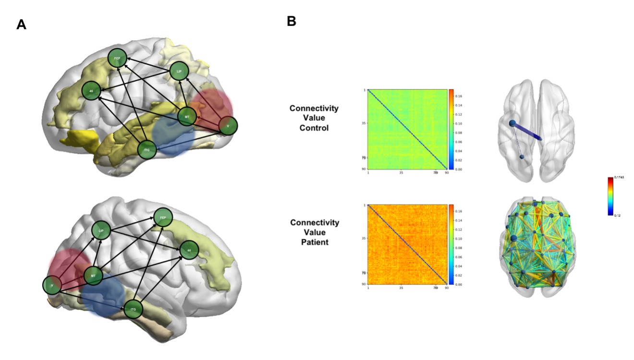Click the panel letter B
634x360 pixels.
point(292,21)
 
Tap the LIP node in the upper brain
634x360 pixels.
point(178,71)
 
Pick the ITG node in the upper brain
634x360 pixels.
point(147,150)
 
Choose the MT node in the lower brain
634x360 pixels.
point(94,275)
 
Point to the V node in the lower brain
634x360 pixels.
point(52,286)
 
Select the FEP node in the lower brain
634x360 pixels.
point(163,218)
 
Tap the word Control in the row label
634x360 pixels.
point(314,127)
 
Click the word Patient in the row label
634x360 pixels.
point(314,242)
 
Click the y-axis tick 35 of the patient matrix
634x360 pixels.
point(363,238)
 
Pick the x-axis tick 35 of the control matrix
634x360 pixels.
point(401,172)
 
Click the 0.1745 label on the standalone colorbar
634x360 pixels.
point(619,177)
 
